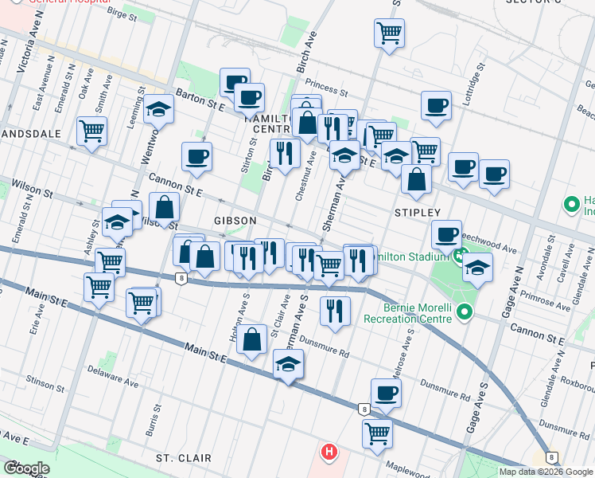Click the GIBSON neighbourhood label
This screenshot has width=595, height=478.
pyautogui.click(x=235, y=220)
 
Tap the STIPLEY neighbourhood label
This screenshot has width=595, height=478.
pyautogui.click(x=418, y=213)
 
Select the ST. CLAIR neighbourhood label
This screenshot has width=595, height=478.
pyautogui.click(x=184, y=458)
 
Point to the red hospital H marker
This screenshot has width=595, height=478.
pyautogui.click(x=329, y=453)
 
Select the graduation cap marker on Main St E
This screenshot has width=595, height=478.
pyautogui.click(x=288, y=366)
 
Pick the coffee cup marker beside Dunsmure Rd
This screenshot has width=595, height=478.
pyautogui.click(x=387, y=392)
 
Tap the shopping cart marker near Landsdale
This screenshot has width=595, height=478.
pyautogui.click(x=92, y=130)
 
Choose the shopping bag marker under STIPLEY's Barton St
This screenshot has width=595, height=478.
pyautogui.click(x=416, y=179)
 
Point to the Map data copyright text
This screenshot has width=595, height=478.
pyautogui.click(x=546, y=472)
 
